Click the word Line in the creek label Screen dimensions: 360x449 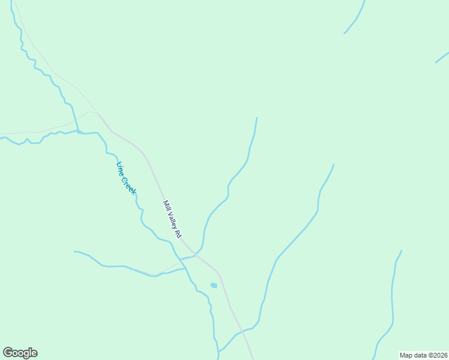click(x=121, y=168)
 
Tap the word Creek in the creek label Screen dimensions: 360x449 click(x=129, y=184)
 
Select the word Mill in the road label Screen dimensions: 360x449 click(x=166, y=204)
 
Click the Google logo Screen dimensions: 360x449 click(x=20, y=353)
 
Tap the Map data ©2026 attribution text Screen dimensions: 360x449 click(x=423, y=355)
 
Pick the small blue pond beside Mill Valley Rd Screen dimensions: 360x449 click(x=213, y=285)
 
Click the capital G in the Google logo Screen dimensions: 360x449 click(x=8, y=352)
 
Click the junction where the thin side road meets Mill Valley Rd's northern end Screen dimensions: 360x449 click(x=97, y=113)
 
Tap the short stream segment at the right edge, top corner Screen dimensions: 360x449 click(x=442, y=58)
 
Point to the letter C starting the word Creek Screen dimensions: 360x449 click(x=125, y=178)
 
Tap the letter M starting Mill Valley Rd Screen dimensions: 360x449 click(x=164, y=201)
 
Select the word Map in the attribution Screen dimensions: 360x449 click(x=406, y=355)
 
